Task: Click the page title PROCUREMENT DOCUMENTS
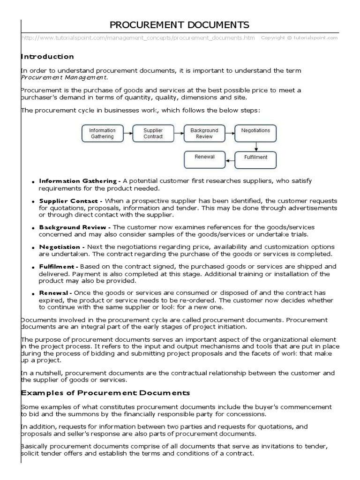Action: [x=180, y=25]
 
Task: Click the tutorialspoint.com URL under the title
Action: [x=138, y=38]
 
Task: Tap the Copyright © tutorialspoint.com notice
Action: [x=299, y=38]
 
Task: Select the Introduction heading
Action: [x=47, y=57]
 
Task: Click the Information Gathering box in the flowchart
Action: [x=102, y=133]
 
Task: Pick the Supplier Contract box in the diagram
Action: [x=153, y=133]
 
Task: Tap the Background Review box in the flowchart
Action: [x=204, y=133]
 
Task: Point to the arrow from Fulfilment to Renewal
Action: [x=230, y=159]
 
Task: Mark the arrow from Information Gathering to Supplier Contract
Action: [x=127, y=133]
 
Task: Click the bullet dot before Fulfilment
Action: [x=34, y=267]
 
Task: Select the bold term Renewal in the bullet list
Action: [x=54, y=293]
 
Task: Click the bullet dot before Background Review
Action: [x=34, y=228]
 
